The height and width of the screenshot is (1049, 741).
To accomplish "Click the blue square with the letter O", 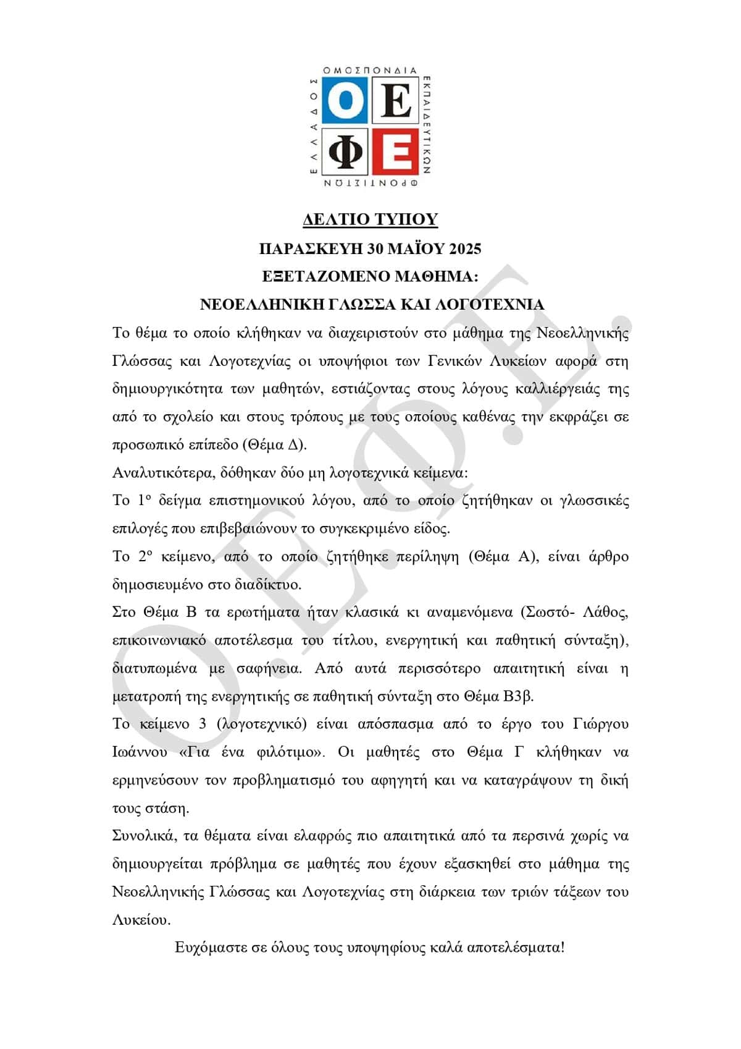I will [346, 102].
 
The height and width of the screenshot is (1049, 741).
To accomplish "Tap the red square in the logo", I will [396, 151].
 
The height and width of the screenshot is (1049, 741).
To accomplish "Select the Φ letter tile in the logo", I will [346, 151].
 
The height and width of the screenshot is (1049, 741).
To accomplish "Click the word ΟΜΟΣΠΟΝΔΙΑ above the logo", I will [371, 71].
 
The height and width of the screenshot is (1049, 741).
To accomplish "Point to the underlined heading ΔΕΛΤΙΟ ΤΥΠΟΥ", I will [371, 219].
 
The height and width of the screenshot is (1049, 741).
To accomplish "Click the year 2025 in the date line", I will [464, 248].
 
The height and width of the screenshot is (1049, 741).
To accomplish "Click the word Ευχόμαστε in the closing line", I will [211, 947].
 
